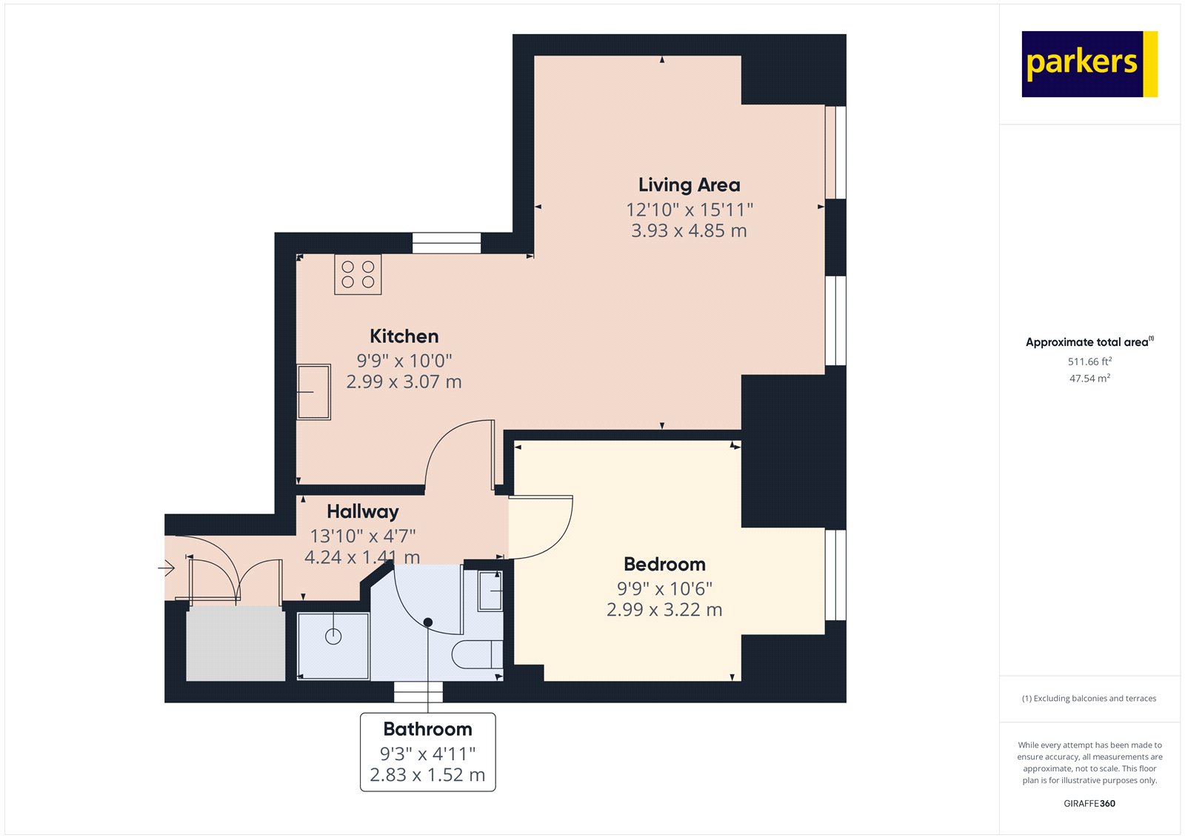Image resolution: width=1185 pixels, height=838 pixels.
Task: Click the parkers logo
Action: click(x=1089, y=64)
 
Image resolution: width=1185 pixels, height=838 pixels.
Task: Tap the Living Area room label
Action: click(x=689, y=184)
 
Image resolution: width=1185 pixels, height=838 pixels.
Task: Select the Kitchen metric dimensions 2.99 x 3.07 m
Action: click(x=404, y=382)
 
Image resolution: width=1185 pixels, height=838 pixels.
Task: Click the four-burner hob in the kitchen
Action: click(x=358, y=275)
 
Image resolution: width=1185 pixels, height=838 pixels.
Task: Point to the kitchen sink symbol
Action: click(x=313, y=392)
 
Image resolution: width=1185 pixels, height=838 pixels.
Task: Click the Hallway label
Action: click(x=363, y=511)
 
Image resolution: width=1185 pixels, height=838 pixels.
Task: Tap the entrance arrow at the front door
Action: click(x=167, y=568)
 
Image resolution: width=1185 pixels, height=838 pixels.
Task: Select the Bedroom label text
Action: click(x=664, y=565)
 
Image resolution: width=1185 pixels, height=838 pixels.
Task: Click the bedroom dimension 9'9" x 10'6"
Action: click(x=664, y=589)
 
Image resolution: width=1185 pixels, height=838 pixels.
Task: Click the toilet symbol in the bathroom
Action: click(x=477, y=654)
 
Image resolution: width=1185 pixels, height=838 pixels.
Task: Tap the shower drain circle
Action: click(x=333, y=636)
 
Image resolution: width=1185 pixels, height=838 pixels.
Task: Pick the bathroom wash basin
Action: click(x=490, y=591)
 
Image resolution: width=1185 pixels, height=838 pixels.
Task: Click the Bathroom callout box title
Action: click(x=427, y=729)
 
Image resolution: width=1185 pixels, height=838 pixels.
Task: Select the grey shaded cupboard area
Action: click(x=235, y=643)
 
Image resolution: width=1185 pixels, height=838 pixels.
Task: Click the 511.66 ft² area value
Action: click(x=1089, y=362)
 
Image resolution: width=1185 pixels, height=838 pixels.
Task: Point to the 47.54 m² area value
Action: click(x=1089, y=378)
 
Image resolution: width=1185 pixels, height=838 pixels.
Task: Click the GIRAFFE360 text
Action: click(x=1089, y=803)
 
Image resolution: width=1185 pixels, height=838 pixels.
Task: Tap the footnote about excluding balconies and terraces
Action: click(x=1089, y=698)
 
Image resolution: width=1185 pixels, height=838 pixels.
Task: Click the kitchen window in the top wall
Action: click(x=447, y=243)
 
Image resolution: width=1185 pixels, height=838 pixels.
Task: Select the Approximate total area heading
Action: click(x=1087, y=342)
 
